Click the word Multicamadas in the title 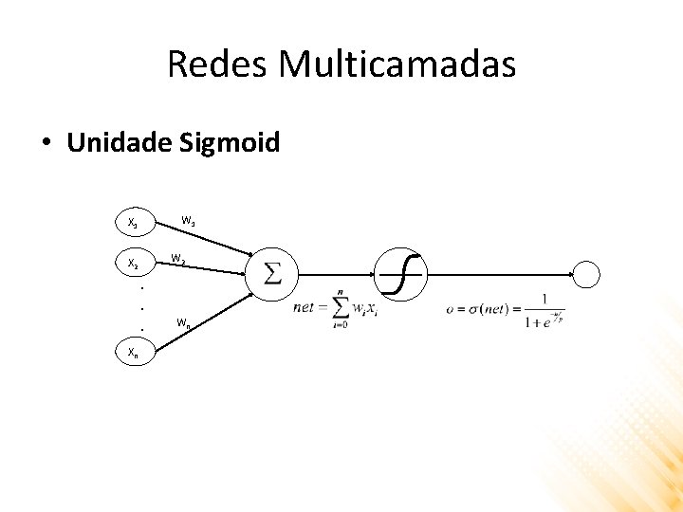(397, 64)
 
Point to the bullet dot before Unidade (46, 144)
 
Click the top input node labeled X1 (135, 224)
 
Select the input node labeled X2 (135, 262)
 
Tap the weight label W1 (189, 222)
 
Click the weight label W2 (178, 258)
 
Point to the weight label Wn (184, 324)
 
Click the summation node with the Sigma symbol (271, 274)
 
